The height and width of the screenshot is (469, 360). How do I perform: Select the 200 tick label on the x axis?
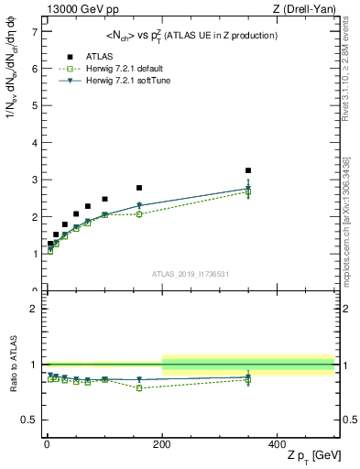(x=162, y=442)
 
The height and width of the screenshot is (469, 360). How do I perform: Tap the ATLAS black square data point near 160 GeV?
(x=139, y=188)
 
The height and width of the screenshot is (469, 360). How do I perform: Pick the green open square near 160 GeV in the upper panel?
(x=139, y=214)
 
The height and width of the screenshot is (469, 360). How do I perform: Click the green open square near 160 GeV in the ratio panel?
(x=139, y=387)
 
